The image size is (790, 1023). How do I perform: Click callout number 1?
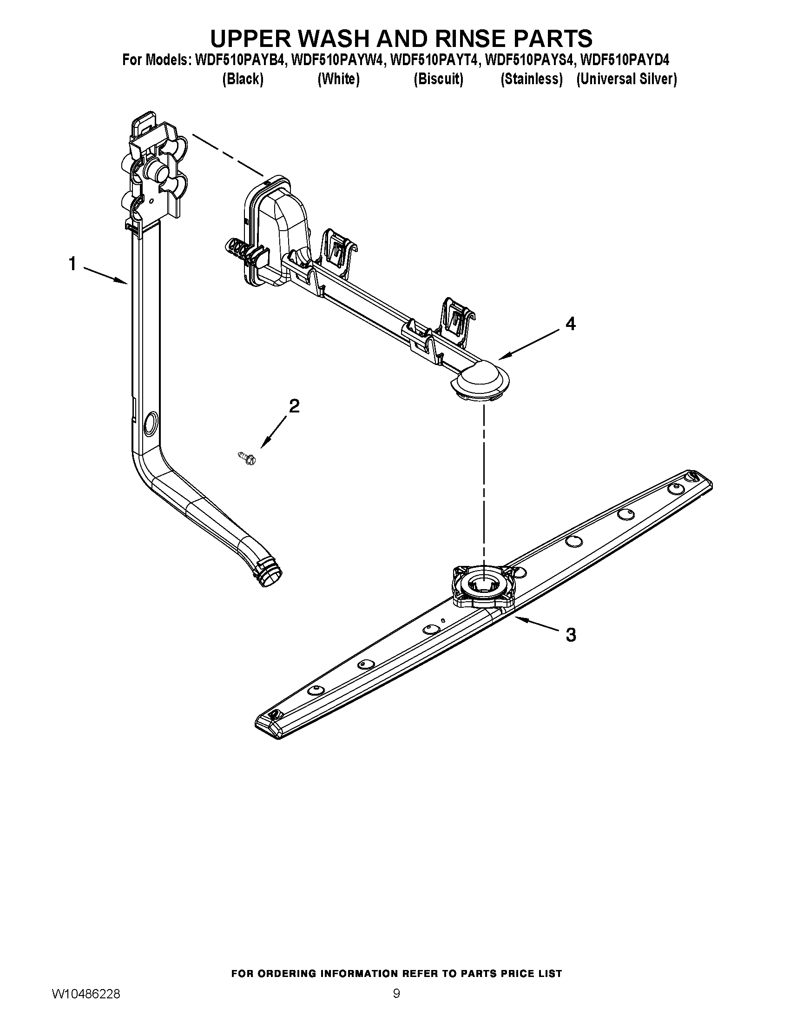72,264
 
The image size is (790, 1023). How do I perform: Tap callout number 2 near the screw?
294,405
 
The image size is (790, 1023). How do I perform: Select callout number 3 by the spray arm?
571,635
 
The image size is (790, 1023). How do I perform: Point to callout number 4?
570,324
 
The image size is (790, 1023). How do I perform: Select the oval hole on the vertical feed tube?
151,422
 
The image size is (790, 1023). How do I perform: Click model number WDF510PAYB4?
239,60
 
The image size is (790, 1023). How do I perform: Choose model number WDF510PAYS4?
528,60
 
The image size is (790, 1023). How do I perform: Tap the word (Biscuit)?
438,79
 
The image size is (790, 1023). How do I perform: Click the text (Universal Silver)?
626,79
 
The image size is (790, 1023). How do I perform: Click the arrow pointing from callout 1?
106,275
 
